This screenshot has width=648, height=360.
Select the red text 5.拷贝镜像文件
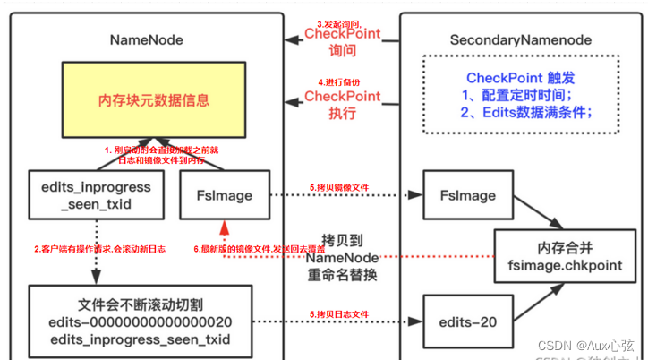(x=338, y=187)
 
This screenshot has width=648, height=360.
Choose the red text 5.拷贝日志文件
(x=338, y=313)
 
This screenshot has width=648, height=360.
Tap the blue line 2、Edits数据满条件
(x=526, y=113)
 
